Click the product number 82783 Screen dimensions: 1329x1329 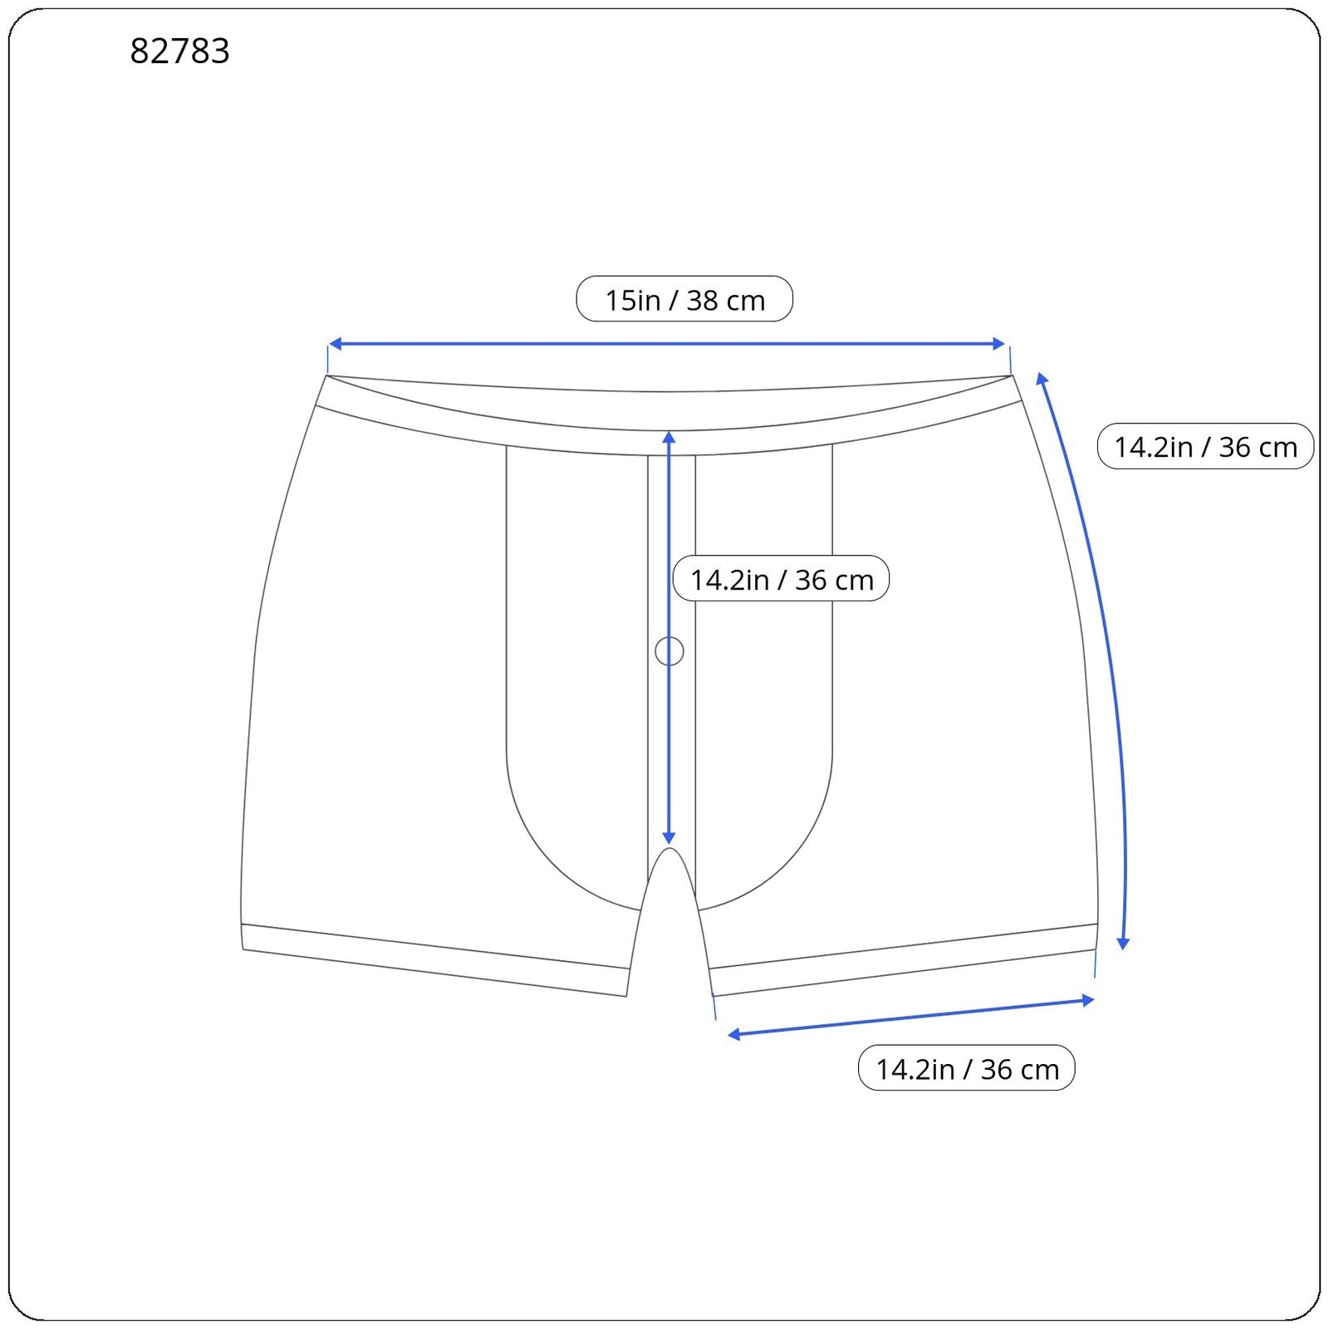[x=179, y=51]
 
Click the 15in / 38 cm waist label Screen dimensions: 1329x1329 [x=684, y=300]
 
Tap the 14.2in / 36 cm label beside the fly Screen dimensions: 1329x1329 [x=781, y=579]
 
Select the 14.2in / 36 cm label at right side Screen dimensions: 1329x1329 [x=1204, y=447]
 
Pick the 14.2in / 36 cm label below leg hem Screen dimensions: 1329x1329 [x=966, y=1068]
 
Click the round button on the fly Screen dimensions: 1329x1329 [x=669, y=651]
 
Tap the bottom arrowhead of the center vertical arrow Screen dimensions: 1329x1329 [x=669, y=839]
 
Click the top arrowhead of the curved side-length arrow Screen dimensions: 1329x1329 [x=1042, y=380]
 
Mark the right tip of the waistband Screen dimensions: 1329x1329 [x=1013, y=376]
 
